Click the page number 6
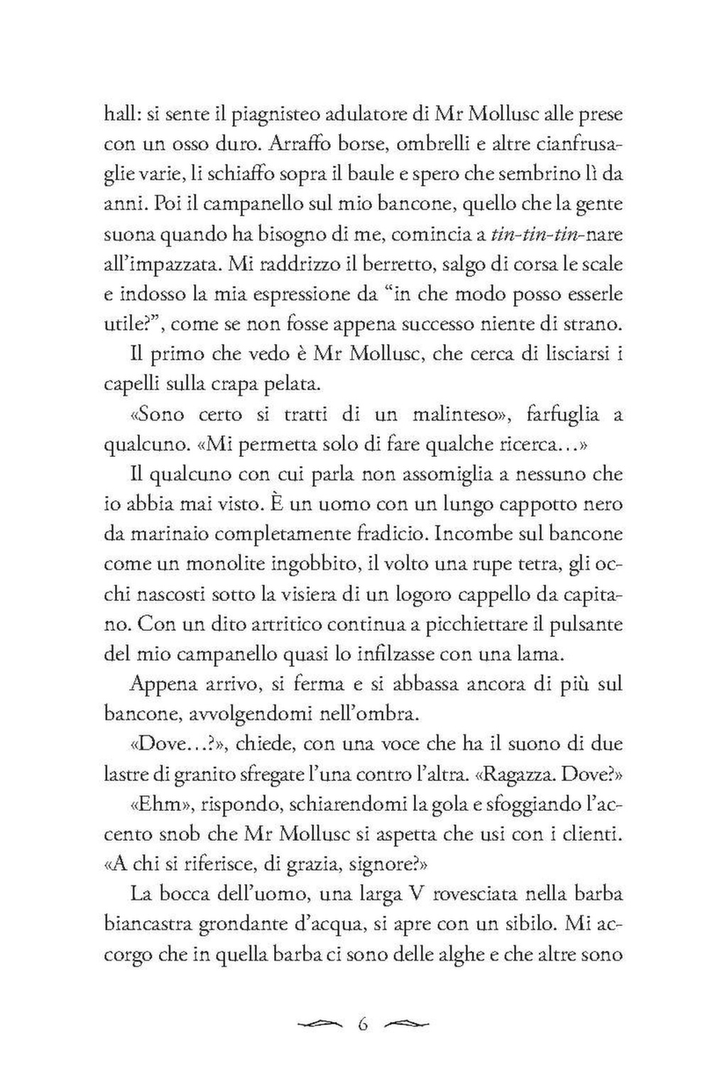pos(363,1024)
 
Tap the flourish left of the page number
pos(321,1024)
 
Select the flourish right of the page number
pos(407,1024)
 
